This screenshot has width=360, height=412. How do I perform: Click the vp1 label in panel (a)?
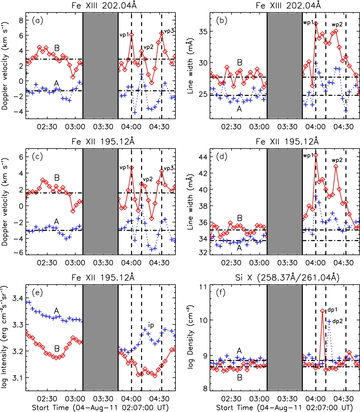point(124,35)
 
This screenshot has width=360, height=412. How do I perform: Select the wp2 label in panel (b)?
point(337,25)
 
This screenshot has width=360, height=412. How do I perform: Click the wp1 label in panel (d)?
point(308,156)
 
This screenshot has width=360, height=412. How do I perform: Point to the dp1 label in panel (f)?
point(332,310)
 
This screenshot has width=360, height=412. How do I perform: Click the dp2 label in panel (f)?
point(337,321)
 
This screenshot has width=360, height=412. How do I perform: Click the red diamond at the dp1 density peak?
point(322,311)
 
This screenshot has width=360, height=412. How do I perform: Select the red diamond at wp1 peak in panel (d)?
point(316,155)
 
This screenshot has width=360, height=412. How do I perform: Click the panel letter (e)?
point(37,292)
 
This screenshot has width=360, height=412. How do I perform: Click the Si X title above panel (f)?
point(287,278)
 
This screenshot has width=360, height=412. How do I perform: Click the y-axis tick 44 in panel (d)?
point(203,157)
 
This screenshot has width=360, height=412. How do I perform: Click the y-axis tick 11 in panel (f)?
point(203,287)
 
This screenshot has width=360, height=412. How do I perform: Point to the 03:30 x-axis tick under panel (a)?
point(103,127)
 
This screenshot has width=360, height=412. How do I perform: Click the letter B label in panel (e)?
point(57,349)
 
